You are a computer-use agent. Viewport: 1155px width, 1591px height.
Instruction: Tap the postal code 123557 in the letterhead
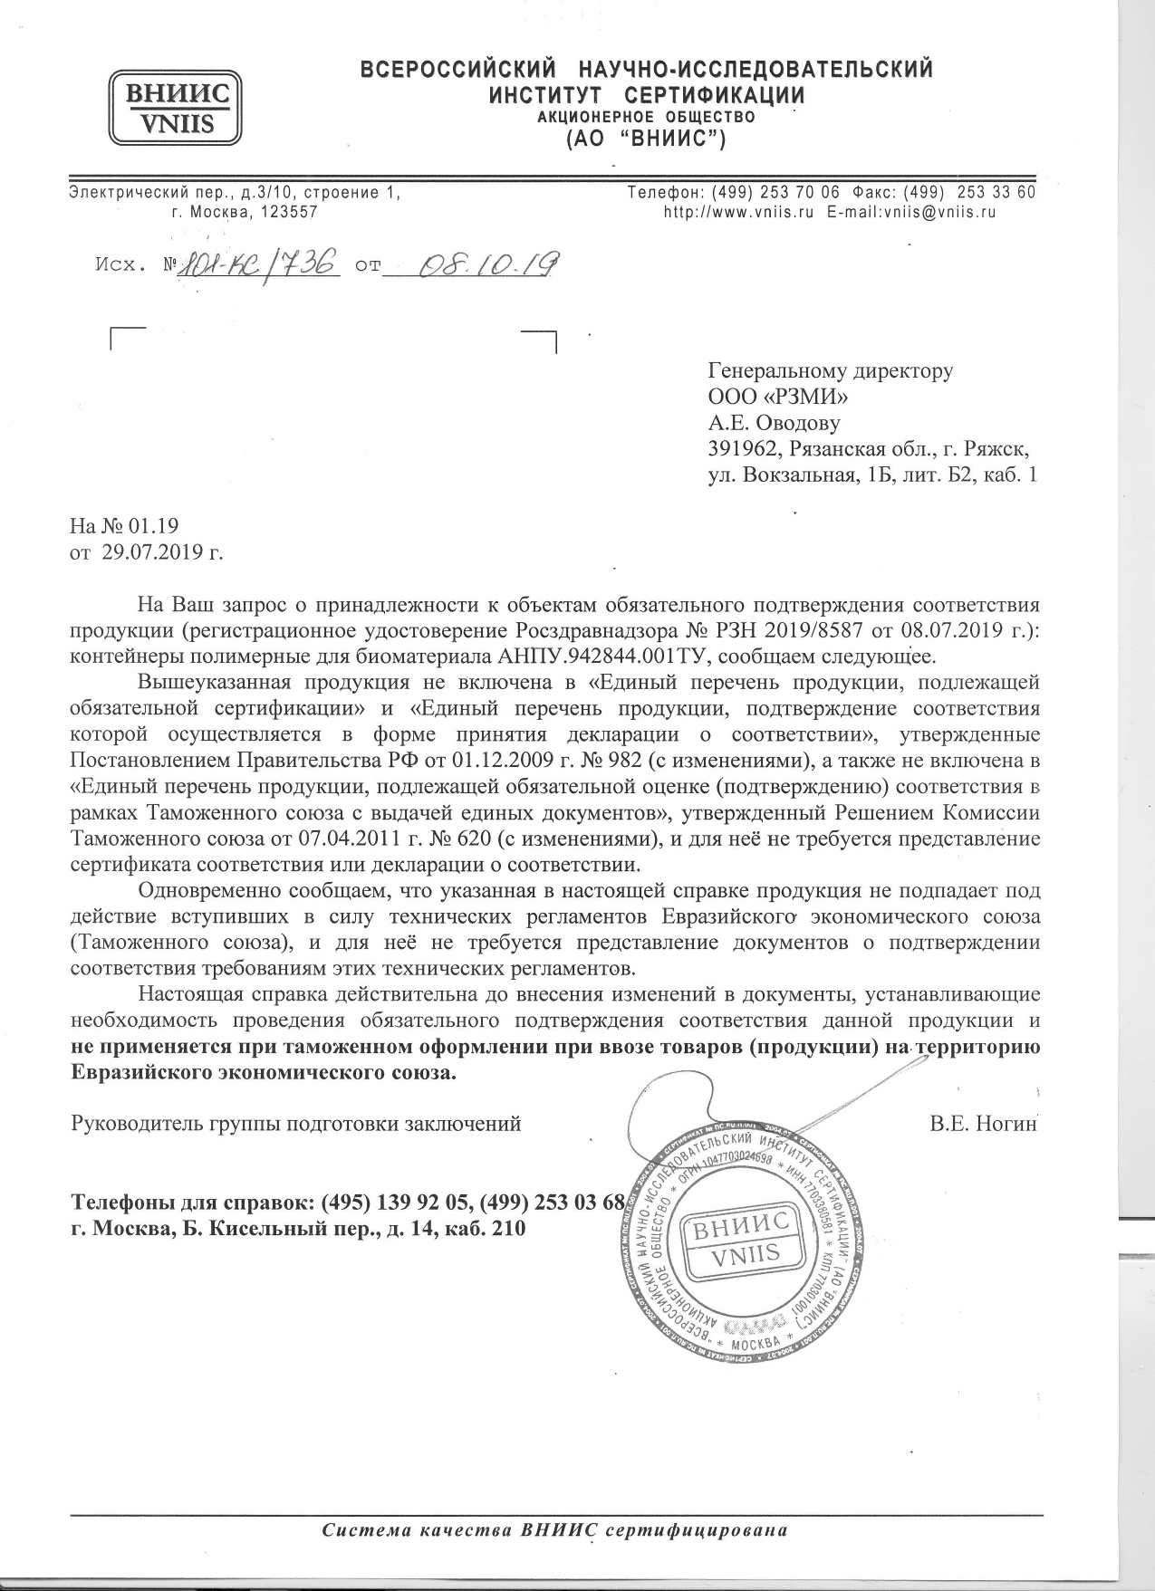(x=289, y=213)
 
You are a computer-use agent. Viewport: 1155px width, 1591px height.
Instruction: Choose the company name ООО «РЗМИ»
(x=777, y=397)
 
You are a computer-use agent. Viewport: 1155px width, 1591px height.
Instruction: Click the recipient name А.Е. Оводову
(x=774, y=423)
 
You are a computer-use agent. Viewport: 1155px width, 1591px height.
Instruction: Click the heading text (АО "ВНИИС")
(x=646, y=139)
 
